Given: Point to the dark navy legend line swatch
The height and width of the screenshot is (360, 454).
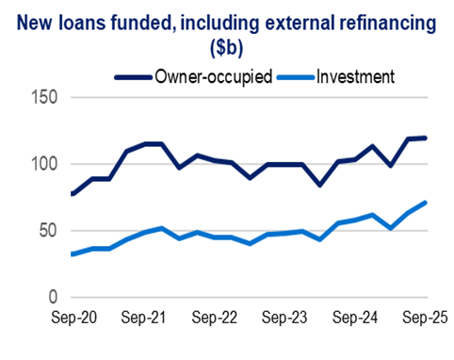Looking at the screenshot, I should pos(135,76).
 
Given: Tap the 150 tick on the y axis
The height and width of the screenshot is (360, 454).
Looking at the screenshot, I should pos(43,98).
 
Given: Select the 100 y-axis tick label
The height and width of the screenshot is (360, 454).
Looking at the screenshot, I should pos(43,165).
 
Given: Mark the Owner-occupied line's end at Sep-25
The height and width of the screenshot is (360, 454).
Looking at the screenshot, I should pos(425,139).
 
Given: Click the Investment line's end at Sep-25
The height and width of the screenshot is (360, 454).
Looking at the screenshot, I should pos(425,203).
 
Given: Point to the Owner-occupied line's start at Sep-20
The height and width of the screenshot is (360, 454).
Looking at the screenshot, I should pos(73,194).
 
